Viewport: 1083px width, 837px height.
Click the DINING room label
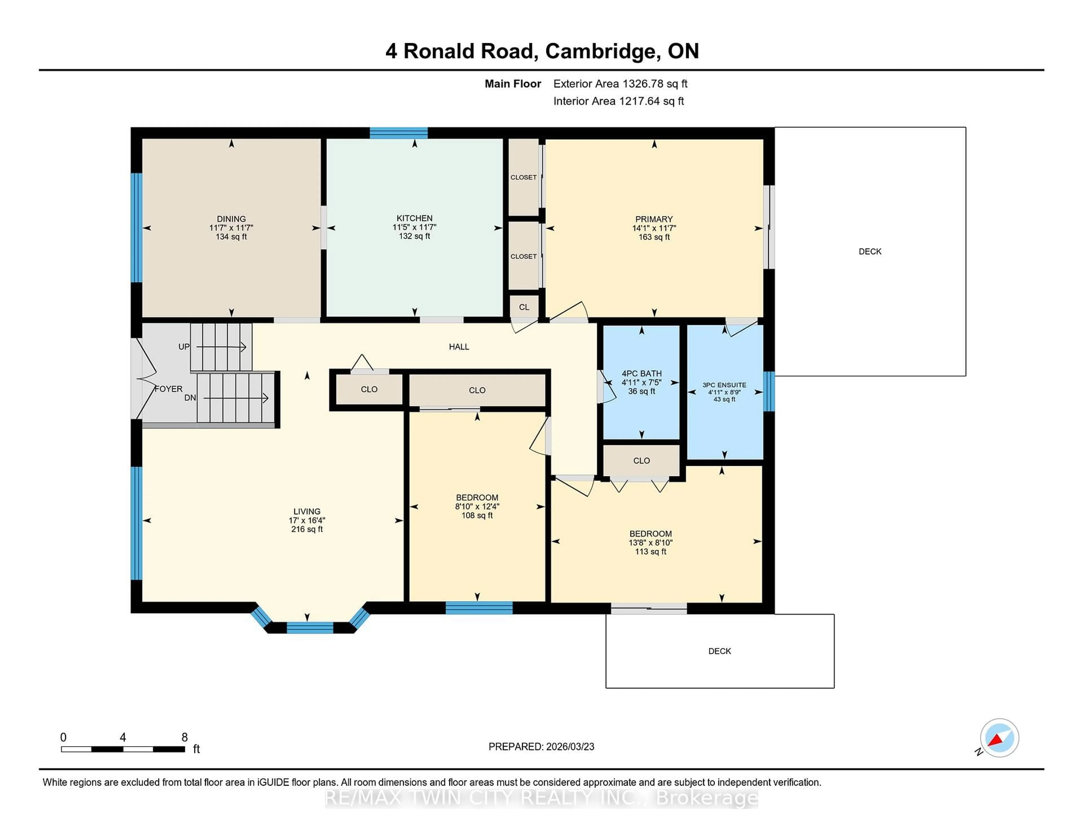(231, 219)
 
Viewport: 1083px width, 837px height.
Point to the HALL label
(459, 347)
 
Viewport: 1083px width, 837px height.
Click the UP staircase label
(184, 347)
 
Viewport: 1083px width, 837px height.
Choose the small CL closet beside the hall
(524, 307)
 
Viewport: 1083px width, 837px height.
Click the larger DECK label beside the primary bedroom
(870, 251)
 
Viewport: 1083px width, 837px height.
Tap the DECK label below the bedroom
(719, 651)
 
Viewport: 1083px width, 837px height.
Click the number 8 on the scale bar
(184, 737)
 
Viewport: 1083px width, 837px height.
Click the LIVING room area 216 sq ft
(307, 529)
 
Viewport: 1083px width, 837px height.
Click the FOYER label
(169, 389)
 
